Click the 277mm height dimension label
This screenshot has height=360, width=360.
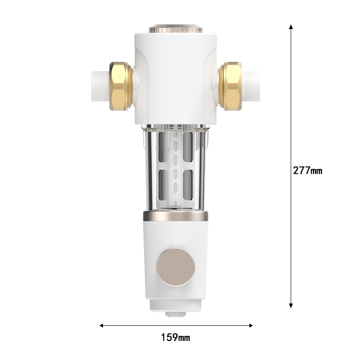(x=308, y=171)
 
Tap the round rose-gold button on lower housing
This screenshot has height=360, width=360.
(x=175, y=269)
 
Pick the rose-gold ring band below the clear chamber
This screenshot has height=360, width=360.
(x=175, y=216)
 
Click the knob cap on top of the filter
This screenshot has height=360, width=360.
(x=175, y=27)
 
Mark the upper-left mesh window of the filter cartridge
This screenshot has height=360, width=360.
(x=163, y=146)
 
